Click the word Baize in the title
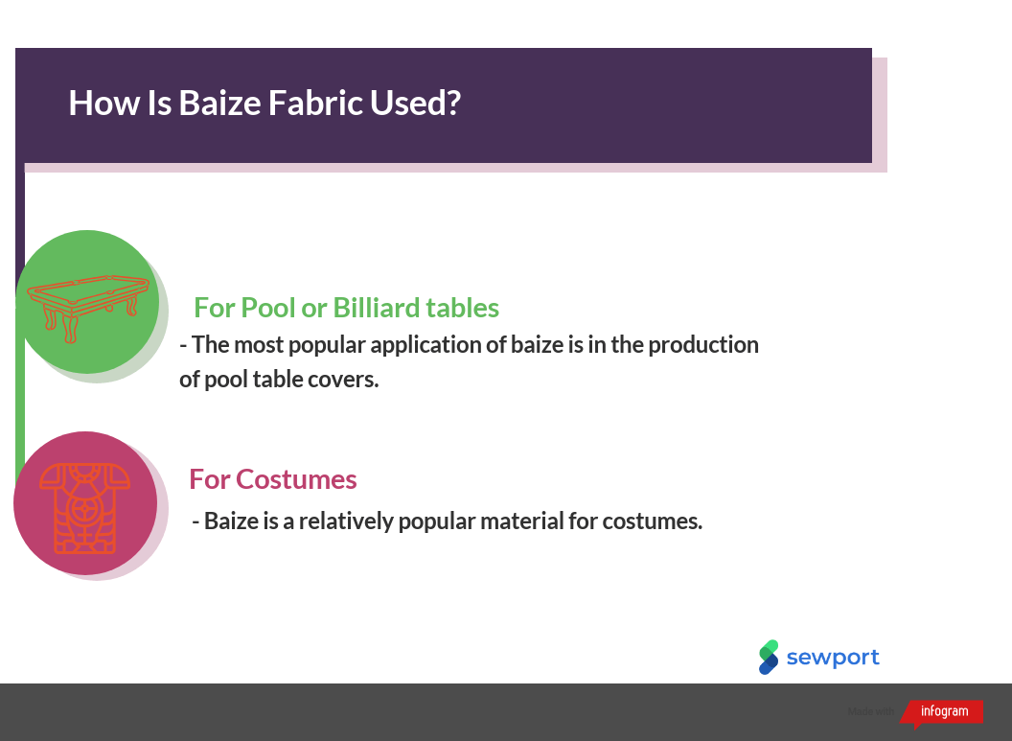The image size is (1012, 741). click(x=219, y=104)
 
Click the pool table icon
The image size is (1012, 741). click(x=88, y=308)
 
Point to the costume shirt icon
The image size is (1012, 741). click(x=84, y=508)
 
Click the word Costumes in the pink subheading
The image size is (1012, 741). click(x=296, y=479)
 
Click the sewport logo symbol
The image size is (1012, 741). click(x=769, y=657)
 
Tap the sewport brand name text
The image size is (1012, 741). click(x=833, y=658)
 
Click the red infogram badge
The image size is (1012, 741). click(x=942, y=712)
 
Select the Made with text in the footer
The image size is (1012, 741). click(x=871, y=711)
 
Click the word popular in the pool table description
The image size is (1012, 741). click(x=327, y=345)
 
